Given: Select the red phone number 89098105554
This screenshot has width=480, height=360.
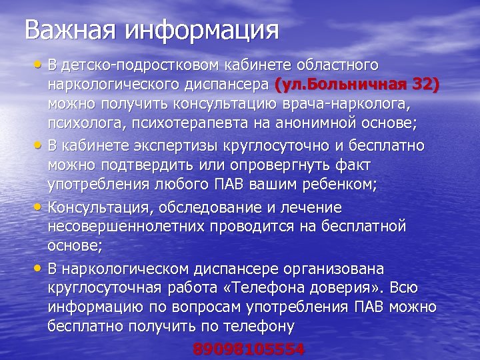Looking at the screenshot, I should (x=249, y=349).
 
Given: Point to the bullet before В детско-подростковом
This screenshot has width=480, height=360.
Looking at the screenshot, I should (x=40, y=63).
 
